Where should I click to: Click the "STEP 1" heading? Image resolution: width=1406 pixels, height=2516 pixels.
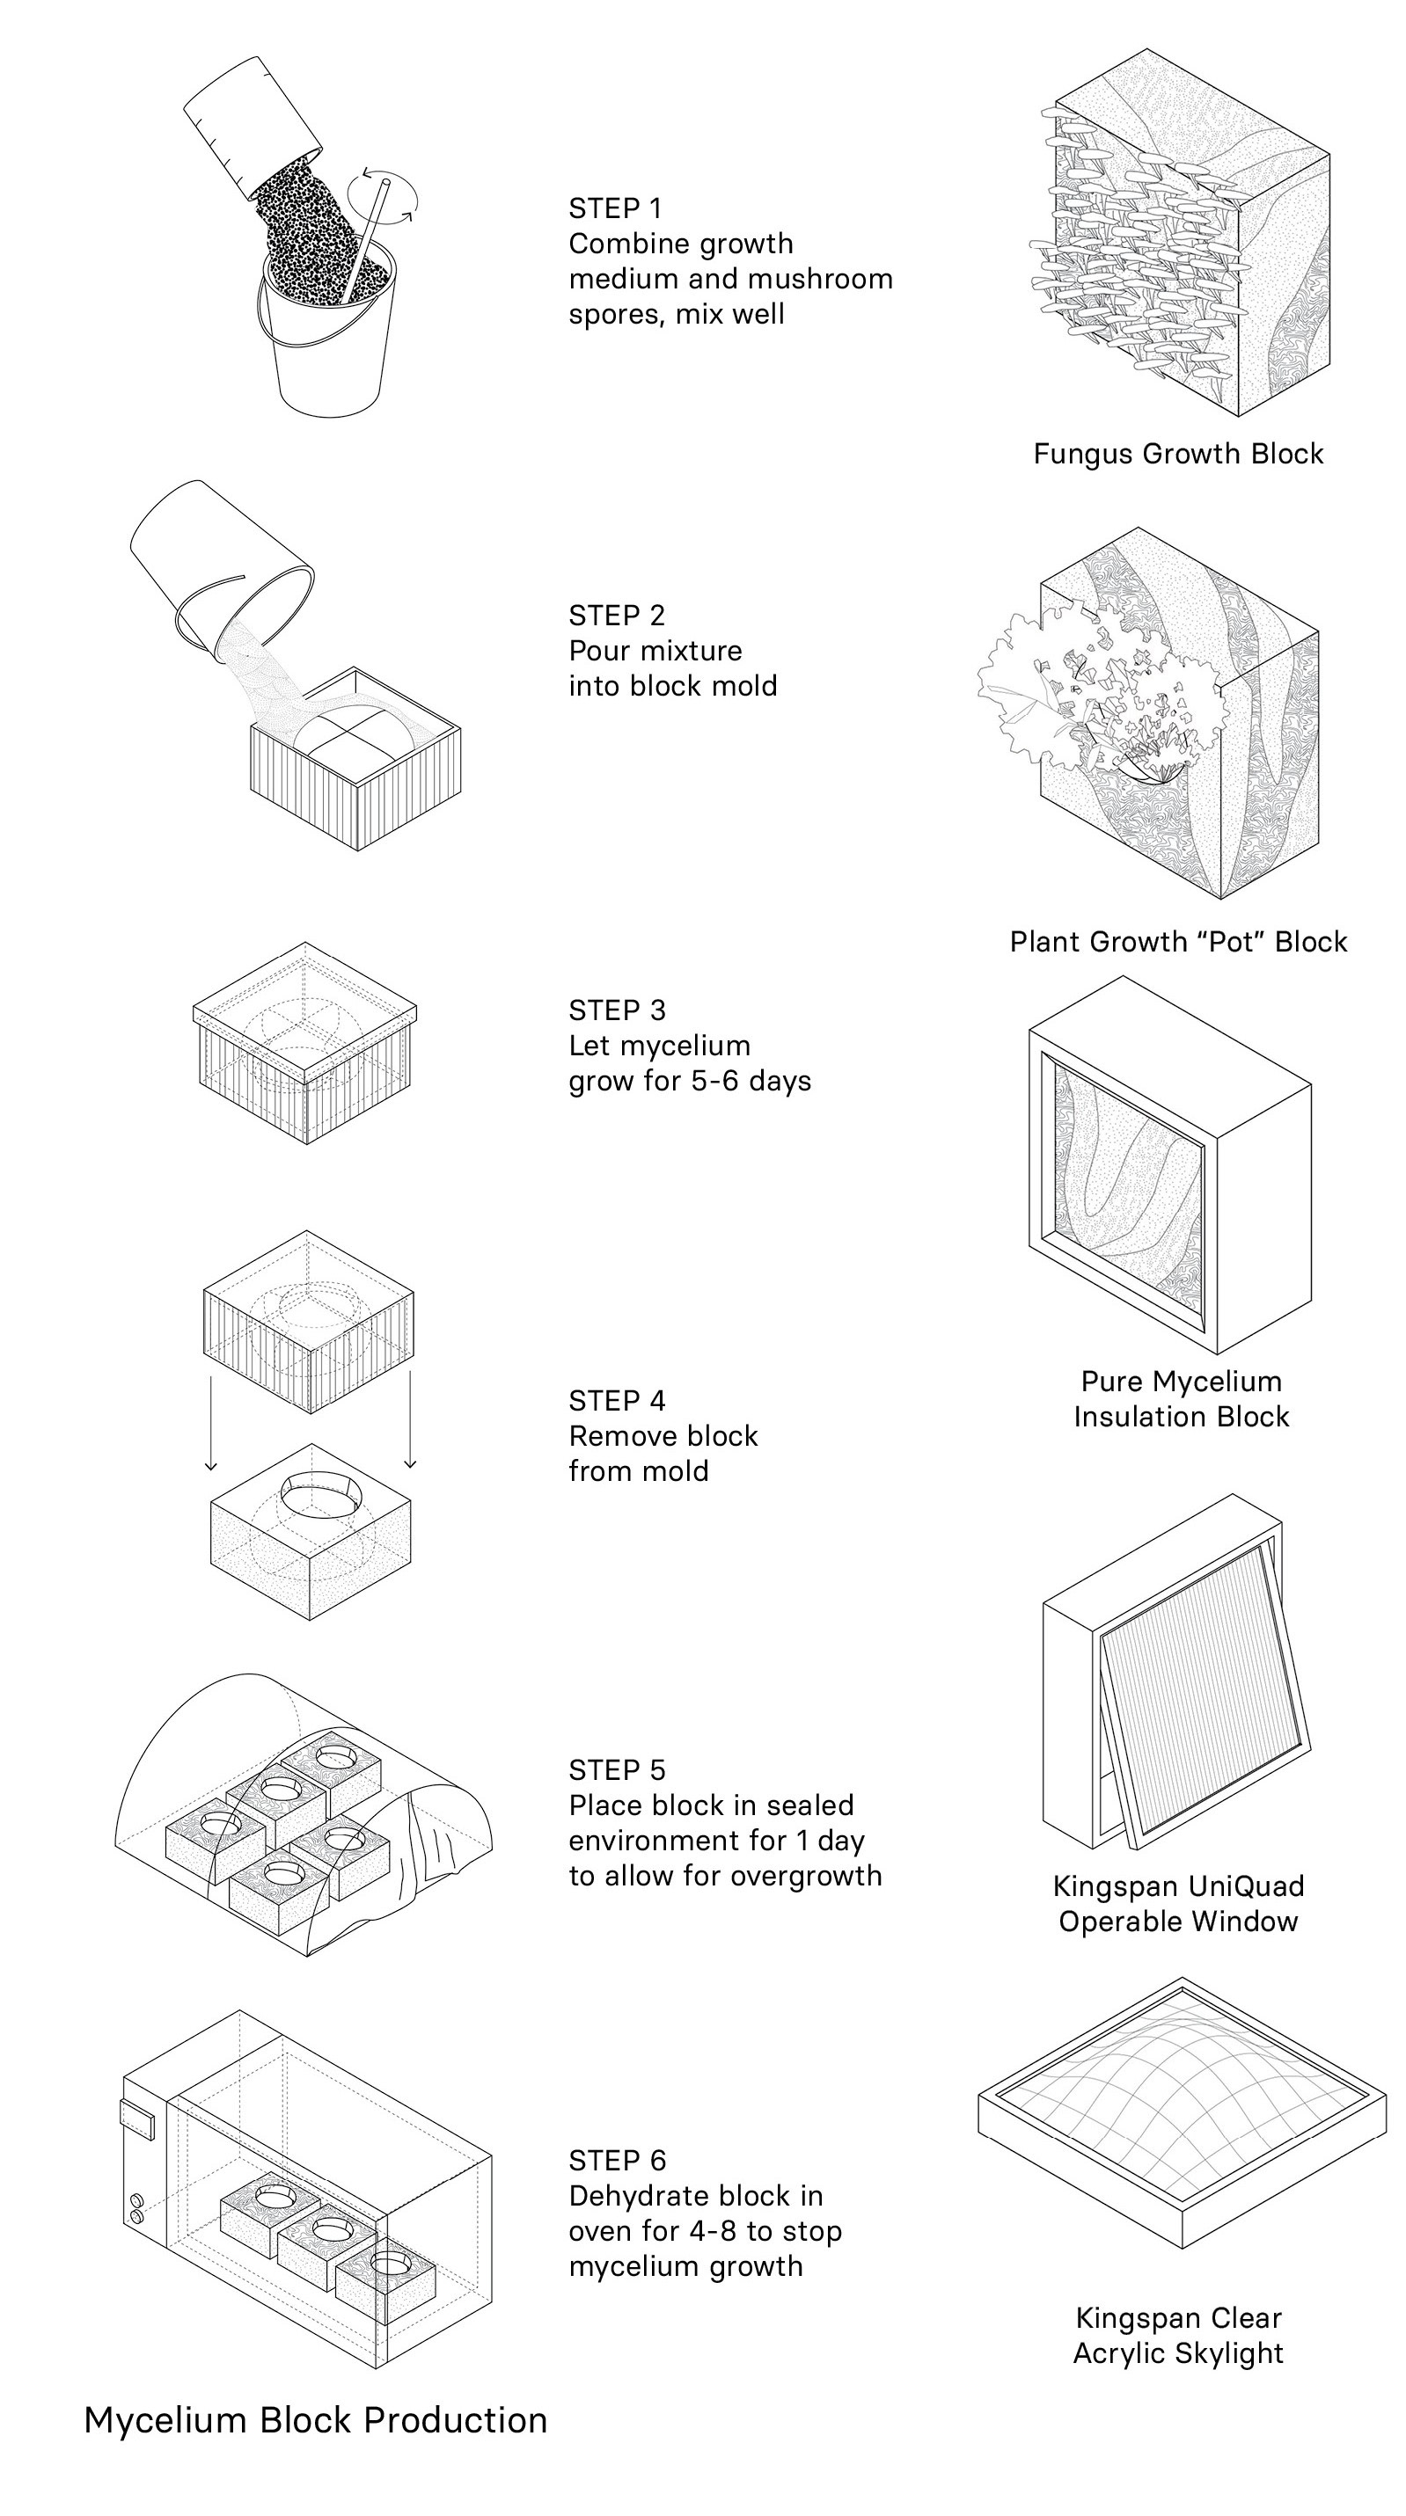615,208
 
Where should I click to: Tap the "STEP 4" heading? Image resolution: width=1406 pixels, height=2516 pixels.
617,1401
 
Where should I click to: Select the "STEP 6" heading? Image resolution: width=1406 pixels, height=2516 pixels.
617,2161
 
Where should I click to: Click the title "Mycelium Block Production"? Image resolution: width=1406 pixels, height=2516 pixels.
316,2419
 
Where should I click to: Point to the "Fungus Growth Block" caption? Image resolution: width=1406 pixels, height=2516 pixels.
1178,453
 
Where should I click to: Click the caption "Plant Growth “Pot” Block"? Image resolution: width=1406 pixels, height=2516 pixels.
1178,942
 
